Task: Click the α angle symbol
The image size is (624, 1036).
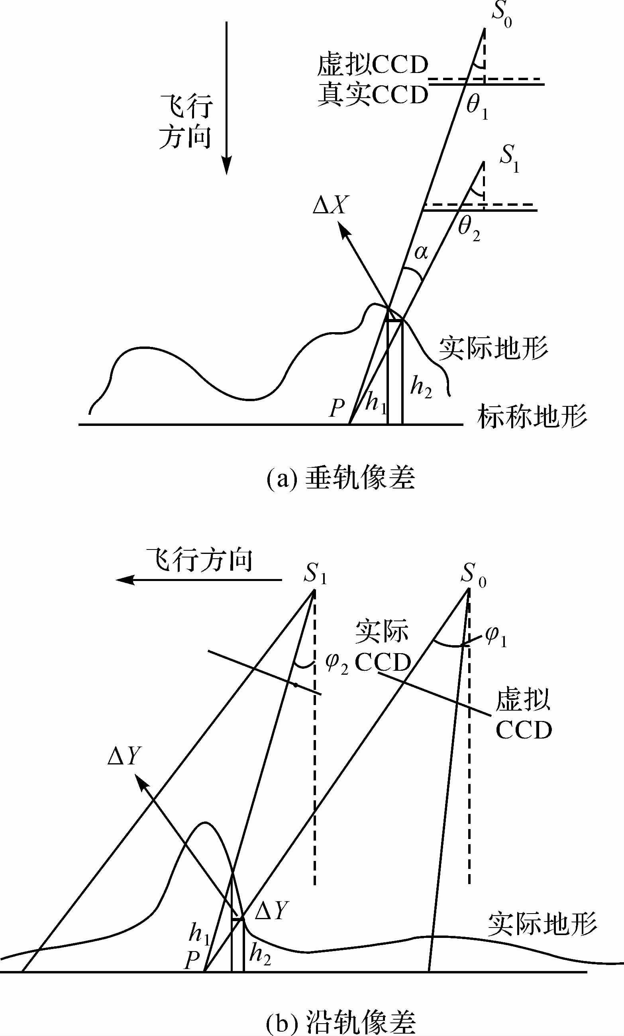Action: (421, 253)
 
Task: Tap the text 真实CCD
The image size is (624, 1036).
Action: (372, 95)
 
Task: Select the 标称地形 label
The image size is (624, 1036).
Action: (532, 417)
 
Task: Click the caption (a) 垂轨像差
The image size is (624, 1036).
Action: (341, 478)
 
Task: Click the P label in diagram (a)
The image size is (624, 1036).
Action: (337, 408)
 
